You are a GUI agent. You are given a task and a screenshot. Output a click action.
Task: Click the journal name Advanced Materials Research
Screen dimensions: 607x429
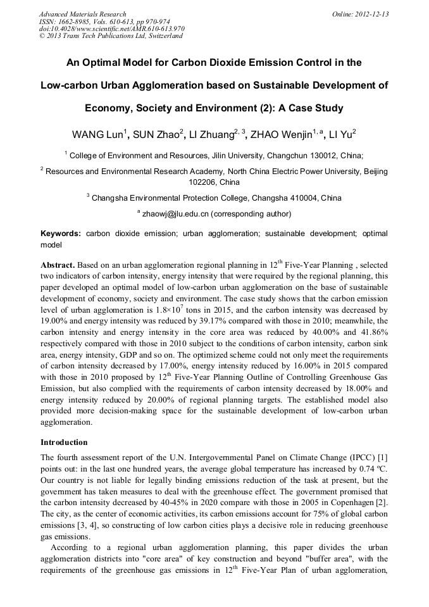coord(82,14)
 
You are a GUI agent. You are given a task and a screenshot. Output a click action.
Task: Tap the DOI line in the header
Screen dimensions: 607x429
coord(111,28)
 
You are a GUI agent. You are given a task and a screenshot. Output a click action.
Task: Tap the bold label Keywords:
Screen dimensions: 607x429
coord(61,234)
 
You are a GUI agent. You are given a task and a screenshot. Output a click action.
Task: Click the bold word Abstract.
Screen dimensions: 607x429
coord(58,264)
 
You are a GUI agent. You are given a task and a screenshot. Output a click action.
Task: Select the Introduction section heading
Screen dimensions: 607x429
coord(64,442)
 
